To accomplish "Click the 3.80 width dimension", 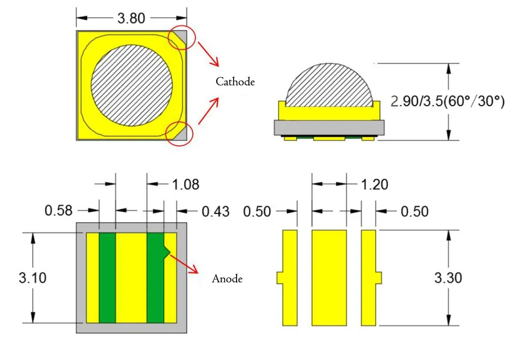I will pos(131,18).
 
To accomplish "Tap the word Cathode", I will pos(235,82).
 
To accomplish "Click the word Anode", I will pos(227,279).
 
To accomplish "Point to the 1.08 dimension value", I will pos(185,185).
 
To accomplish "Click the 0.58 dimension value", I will pos(59,211).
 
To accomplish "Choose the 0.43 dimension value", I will pos(216,212).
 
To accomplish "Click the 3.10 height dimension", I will pos(33,278).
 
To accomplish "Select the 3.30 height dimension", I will pos(448,278).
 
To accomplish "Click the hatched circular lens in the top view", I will pos(132,84).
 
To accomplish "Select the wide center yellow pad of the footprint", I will pos(329,278).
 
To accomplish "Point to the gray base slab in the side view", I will pos(329,128).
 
